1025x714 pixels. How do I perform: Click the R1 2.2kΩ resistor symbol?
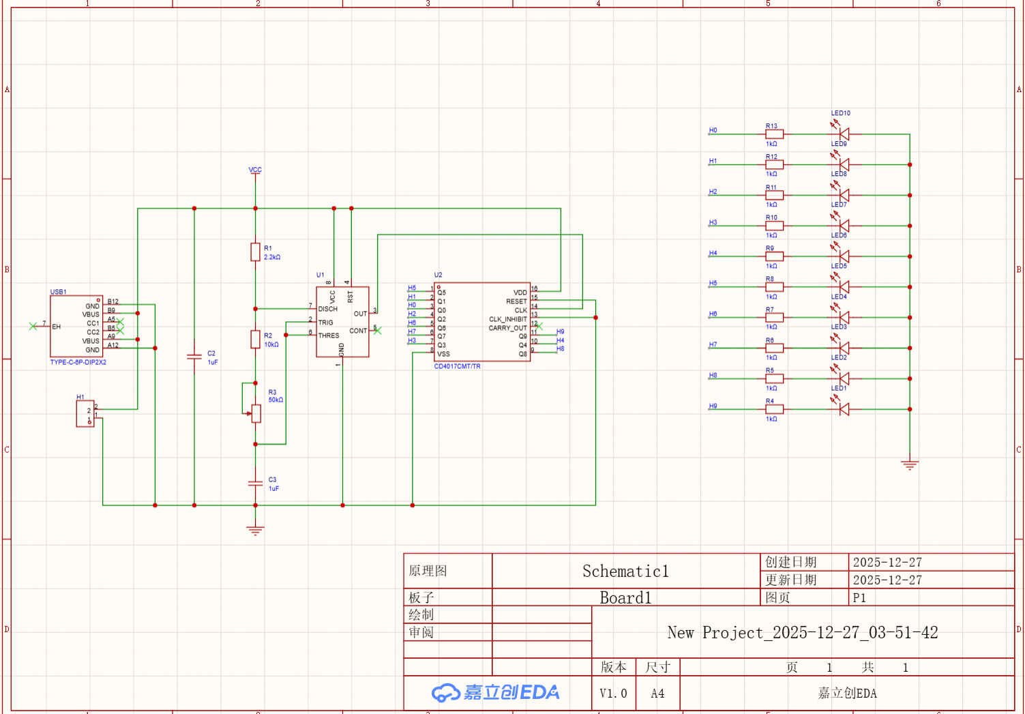tap(255, 252)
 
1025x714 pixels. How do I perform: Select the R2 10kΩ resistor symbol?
tap(255, 339)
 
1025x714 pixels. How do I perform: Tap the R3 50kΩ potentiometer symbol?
tap(256, 413)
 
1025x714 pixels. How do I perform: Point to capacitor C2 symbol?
tap(194, 357)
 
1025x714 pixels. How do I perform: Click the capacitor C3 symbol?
tap(255, 483)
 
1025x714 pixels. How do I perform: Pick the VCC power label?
tap(255, 170)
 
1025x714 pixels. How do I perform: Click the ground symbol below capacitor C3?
tap(255, 530)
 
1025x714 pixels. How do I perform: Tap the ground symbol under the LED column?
tap(909, 465)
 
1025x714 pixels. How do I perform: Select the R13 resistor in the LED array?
tap(774, 134)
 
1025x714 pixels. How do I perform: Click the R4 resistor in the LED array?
tap(774, 409)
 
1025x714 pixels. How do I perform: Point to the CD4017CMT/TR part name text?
tap(457, 366)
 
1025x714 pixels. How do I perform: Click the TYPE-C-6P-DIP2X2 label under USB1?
tap(78, 362)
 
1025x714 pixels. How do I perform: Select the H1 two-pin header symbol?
tap(85, 413)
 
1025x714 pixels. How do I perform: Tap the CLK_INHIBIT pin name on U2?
tap(507, 319)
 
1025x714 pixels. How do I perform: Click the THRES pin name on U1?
tap(329, 336)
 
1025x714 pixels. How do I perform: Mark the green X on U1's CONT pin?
tap(378, 331)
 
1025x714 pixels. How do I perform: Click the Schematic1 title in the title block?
tap(625, 571)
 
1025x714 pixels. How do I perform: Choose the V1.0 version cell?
tap(613, 694)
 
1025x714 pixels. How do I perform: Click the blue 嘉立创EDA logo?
tap(496, 693)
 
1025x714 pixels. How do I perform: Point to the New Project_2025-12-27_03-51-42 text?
tap(802, 633)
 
